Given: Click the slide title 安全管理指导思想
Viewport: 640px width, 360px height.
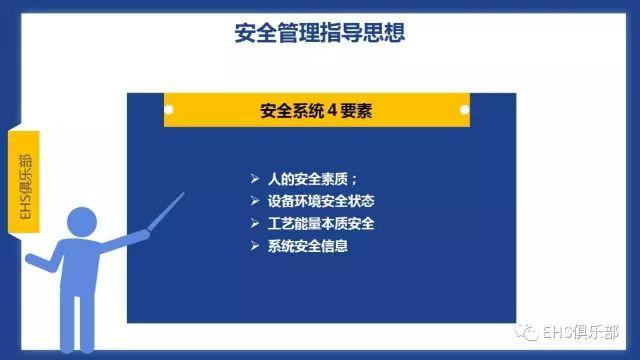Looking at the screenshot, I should pyautogui.click(x=320, y=33).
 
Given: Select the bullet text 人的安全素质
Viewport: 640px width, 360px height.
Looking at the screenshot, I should pyautogui.click(x=313, y=179).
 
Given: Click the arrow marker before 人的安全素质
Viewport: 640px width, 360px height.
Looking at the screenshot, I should pyautogui.click(x=254, y=179).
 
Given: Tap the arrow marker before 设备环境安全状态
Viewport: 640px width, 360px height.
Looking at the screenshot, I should pyautogui.click(x=254, y=201).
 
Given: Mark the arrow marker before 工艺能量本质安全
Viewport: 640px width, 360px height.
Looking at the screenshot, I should pyautogui.click(x=254, y=223).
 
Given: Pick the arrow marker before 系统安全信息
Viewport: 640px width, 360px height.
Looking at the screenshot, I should pyautogui.click(x=254, y=245).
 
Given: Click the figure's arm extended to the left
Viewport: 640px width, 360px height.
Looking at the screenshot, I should pyautogui.click(x=45, y=262).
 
